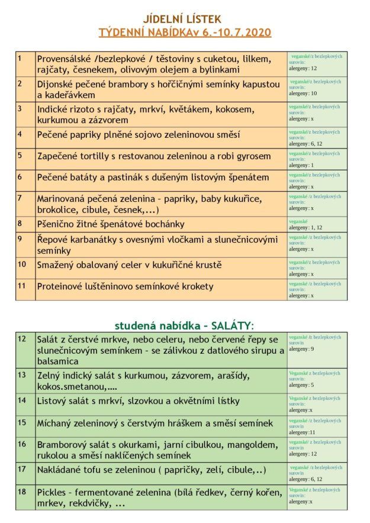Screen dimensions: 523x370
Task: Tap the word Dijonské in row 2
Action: pyautogui.click(x=58, y=84)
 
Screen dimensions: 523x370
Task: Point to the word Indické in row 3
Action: pyautogui.click(x=54, y=109)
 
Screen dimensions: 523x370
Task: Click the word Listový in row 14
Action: pyautogui.click(x=54, y=401)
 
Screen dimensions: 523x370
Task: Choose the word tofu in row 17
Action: pyautogui.click(x=95, y=470)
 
